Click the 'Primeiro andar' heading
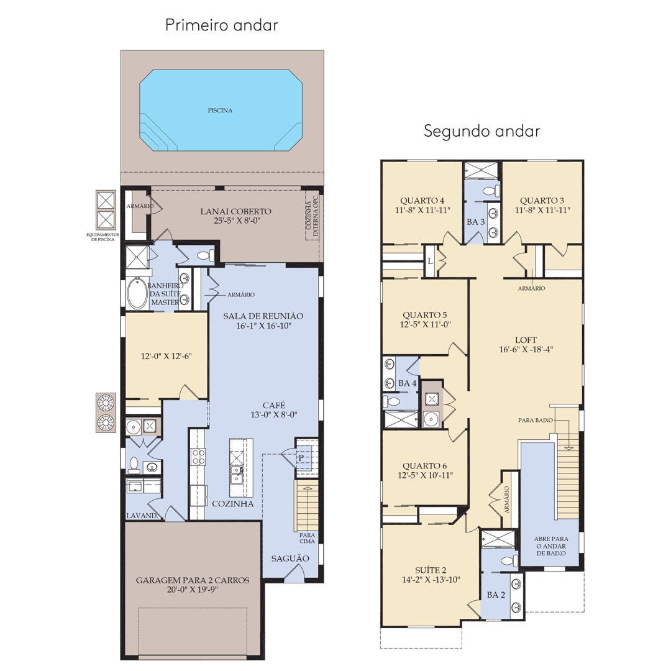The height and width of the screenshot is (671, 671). (x=222, y=25)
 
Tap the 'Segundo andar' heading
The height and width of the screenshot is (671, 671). (x=482, y=131)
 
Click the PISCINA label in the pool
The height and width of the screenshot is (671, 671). (x=221, y=111)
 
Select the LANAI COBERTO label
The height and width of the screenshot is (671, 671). (x=236, y=211)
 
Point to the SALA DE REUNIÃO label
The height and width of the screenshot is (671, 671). (x=263, y=316)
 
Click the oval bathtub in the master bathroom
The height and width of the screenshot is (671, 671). (x=137, y=293)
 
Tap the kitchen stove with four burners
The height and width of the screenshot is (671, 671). (x=198, y=456)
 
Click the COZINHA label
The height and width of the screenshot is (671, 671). (x=233, y=504)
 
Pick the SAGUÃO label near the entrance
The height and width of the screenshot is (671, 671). (x=290, y=559)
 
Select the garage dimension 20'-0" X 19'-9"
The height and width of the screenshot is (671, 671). (x=193, y=590)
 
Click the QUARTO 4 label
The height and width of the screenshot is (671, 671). (x=422, y=200)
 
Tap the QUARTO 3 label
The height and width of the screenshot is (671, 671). (x=542, y=200)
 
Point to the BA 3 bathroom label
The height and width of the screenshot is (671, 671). (x=476, y=222)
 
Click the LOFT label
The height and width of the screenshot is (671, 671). (x=526, y=340)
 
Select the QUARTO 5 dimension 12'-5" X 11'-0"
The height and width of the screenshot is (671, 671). (x=426, y=324)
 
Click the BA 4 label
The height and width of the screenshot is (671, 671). (x=408, y=383)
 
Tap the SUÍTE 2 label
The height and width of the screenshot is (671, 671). (x=431, y=570)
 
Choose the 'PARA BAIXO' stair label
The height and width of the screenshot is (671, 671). (x=536, y=420)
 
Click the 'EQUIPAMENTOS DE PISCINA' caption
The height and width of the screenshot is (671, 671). (x=103, y=237)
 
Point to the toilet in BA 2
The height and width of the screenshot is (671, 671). (x=509, y=561)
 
